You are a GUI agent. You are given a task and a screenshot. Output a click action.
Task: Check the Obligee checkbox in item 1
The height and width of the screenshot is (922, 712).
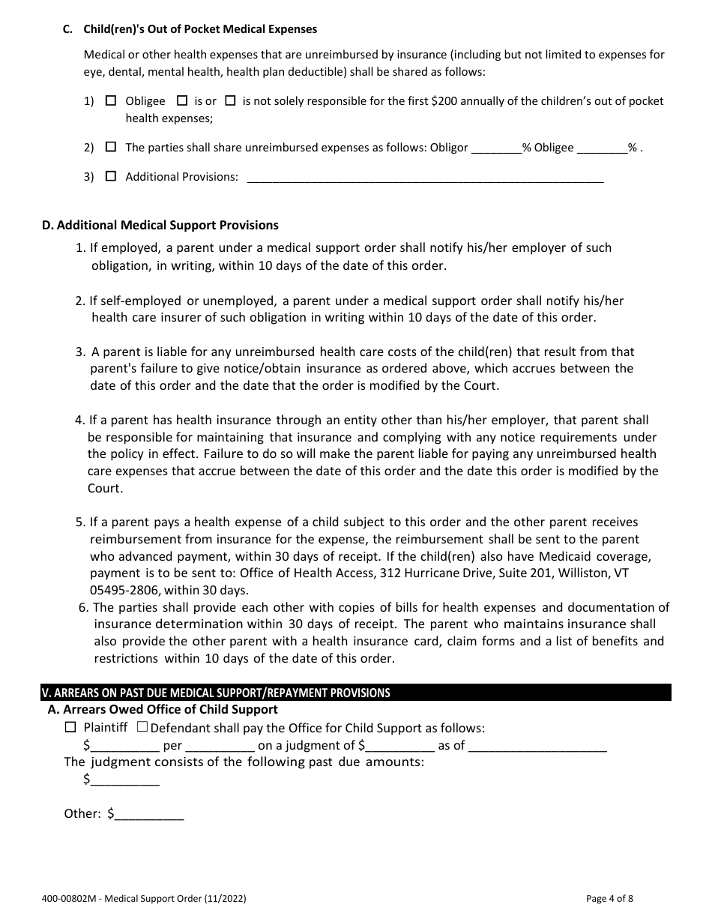click(111, 100)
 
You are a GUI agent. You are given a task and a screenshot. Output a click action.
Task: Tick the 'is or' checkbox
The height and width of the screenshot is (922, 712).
click(181, 100)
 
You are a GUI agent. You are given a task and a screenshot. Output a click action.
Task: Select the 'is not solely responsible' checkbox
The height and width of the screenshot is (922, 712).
click(231, 100)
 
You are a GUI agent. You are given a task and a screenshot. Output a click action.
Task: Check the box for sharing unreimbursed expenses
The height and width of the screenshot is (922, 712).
click(111, 148)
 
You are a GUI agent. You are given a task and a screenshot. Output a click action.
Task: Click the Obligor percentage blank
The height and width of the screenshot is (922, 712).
click(496, 148)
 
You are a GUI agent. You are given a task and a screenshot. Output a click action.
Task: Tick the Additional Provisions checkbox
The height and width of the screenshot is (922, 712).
click(111, 177)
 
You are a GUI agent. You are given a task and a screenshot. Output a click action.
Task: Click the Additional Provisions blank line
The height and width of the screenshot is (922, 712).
click(424, 178)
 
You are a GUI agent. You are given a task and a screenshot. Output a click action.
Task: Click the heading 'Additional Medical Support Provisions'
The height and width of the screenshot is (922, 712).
click(160, 225)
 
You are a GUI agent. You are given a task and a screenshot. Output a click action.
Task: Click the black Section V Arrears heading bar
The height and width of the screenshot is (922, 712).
click(355, 693)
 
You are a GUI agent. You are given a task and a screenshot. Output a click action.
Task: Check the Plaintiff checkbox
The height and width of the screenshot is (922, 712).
click(71, 727)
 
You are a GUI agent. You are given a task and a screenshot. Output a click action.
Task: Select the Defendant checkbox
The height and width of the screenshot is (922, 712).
click(142, 727)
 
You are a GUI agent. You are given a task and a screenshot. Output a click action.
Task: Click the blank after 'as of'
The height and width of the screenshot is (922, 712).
click(537, 747)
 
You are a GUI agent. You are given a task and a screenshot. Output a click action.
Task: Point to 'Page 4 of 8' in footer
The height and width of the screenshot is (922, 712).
click(610, 898)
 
